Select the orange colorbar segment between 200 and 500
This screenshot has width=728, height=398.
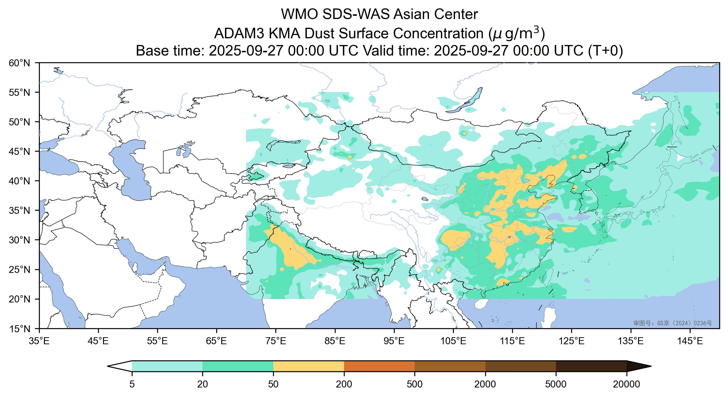click(x=379, y=366)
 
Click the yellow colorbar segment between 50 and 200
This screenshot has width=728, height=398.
click(x=308, y=366)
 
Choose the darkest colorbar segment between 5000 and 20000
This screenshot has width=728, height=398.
click(x=591, y=366)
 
